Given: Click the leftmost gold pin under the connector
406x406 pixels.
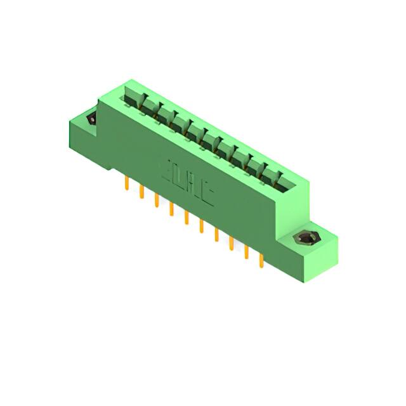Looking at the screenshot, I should point(127,183).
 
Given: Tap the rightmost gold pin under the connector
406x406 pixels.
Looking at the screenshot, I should point(261,260).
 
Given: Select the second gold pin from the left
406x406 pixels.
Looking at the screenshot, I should point(141,192).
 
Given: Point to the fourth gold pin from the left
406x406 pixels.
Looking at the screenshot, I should point(171,209).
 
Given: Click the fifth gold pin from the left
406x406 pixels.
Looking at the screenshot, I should point(187,218).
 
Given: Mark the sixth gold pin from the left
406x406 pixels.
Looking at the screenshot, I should point(201,226).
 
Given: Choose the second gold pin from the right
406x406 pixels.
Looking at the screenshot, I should point(246,252).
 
